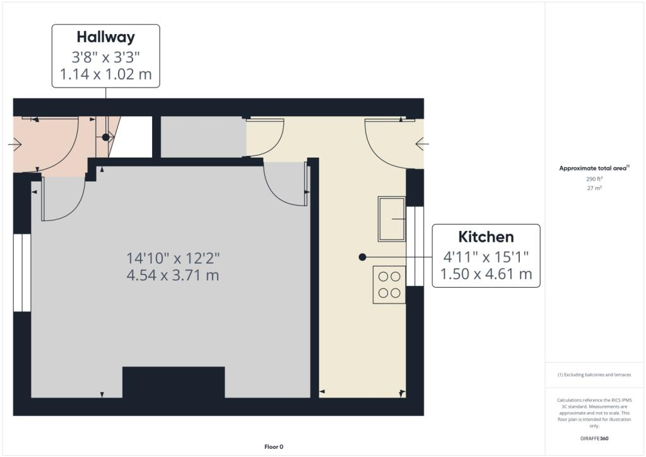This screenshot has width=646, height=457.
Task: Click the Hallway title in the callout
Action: point(105,37)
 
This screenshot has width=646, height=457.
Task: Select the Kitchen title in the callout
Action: point(486,237)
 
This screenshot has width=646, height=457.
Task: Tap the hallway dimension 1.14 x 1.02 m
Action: point(105,74)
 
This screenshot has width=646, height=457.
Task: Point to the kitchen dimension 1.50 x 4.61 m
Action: point(486,274)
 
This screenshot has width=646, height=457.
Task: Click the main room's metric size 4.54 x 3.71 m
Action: point(173,275)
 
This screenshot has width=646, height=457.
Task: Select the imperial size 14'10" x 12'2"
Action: point(173,258)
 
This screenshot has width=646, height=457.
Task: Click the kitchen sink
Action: point(392,218)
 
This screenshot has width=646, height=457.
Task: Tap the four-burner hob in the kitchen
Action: point(389,284)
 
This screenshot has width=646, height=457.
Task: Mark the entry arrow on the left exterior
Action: point(15,145)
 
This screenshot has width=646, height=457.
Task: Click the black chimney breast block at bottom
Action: point(173,382)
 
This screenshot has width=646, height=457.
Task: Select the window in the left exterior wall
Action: point(22,273)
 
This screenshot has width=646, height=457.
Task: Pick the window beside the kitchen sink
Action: point(414,246)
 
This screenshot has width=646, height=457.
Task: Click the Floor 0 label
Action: point(273,447)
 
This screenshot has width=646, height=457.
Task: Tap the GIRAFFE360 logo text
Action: point(594,438)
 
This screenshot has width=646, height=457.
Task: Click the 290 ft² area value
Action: point(594,179)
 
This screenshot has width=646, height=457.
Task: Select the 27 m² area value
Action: point(594,188)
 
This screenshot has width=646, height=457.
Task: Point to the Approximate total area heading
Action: point(594,168)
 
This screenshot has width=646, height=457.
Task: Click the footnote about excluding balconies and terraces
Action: point(594,375)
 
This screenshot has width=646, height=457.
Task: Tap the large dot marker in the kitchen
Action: point(362,257)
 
